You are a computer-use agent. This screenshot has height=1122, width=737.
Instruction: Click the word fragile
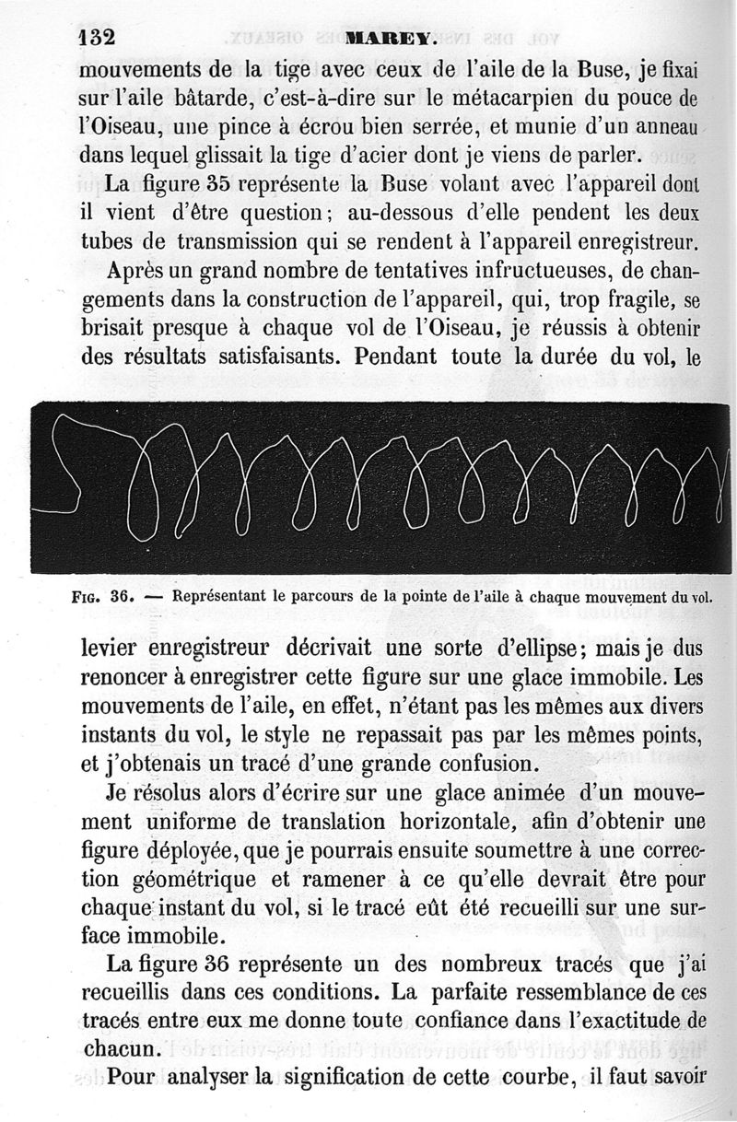coord(636,301)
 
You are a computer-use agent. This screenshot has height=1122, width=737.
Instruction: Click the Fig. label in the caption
coord(86,596)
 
